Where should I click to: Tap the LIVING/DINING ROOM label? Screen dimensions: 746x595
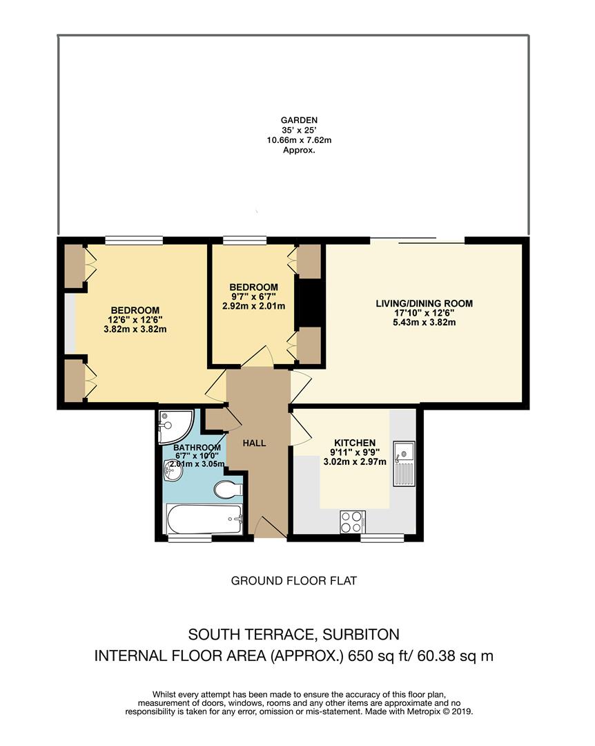pos(424,303)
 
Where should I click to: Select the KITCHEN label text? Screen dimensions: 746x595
pos(355,443)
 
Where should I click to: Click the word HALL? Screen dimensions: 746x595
pos(254,443)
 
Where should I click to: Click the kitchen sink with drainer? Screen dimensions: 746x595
pos(403,463)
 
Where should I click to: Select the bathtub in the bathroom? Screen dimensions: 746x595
pos(204,518)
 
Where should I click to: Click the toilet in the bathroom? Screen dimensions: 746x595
pos(226,490)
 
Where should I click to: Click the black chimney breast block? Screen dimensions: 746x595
pos(309,303)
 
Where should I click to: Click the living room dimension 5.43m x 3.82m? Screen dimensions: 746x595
pos(424,323)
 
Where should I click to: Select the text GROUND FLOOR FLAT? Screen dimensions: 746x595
pos(293,581)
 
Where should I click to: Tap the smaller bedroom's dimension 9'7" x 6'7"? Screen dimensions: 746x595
pos(253,296)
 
